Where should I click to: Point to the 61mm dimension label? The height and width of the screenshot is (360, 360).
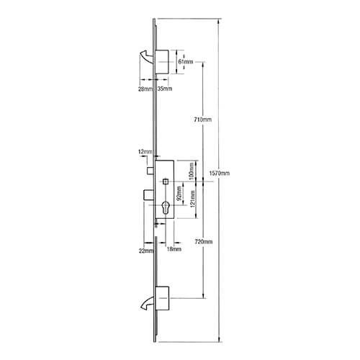coord(185,62)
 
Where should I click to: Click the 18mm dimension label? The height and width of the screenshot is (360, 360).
coord(174,249)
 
